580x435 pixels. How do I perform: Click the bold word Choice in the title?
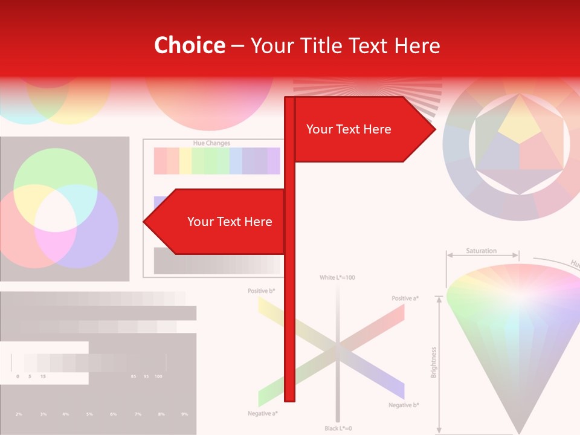click(189, 46)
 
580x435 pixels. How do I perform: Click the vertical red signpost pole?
click(289, 302)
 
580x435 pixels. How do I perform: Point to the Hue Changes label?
click(211, 143)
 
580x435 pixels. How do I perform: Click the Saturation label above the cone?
click(482, 251)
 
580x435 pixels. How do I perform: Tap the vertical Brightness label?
click(434, 362)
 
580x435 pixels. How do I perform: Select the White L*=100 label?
click(337, 277)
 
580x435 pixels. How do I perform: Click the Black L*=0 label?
click(338, 428)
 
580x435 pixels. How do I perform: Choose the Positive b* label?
click(261, 291)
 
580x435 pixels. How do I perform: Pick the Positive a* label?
click(405, 298)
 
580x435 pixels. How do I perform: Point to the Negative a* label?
click(263, 413)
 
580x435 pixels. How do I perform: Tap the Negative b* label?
click(404, 405)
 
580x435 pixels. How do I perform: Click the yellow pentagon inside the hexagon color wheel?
click(519, 121)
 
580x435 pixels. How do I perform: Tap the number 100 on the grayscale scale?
click(158, 376)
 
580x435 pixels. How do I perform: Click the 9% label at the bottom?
click(184, 414)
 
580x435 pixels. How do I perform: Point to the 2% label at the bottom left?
click(19, 414)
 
